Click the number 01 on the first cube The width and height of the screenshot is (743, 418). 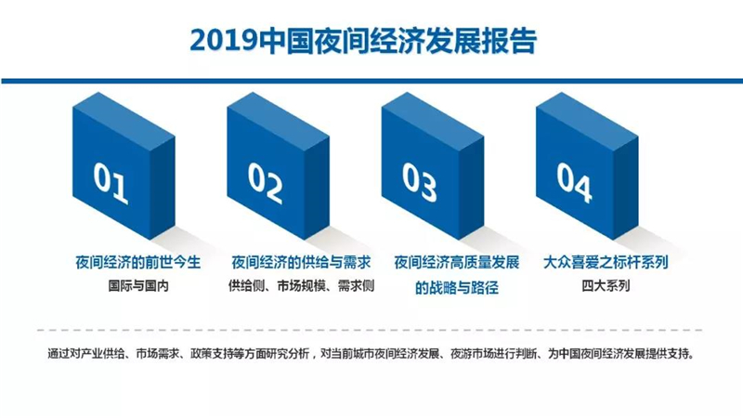pos(111,183)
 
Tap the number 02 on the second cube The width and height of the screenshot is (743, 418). pos(265,183)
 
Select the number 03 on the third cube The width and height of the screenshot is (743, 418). pos(420,182)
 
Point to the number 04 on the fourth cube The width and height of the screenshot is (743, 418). pos(574,182)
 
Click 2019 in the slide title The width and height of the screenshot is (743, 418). pos(223,41)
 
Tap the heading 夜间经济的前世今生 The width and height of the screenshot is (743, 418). pos(137,262)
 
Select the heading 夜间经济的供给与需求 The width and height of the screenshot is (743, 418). pos(301,262)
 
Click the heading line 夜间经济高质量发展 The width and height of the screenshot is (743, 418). pos(457,262)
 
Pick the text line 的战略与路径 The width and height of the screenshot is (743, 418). pos(457,288)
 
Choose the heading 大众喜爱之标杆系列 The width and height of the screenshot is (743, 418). pos(606,262)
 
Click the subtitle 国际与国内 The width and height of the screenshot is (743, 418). pos(138,286)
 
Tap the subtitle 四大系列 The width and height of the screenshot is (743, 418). pos(606,286)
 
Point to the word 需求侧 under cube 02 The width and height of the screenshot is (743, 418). pos(357,286)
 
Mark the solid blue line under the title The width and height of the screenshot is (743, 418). pos(372,81)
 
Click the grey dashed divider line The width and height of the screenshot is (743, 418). pos(370,330)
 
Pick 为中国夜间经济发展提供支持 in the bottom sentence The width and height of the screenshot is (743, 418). pos(620,354)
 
